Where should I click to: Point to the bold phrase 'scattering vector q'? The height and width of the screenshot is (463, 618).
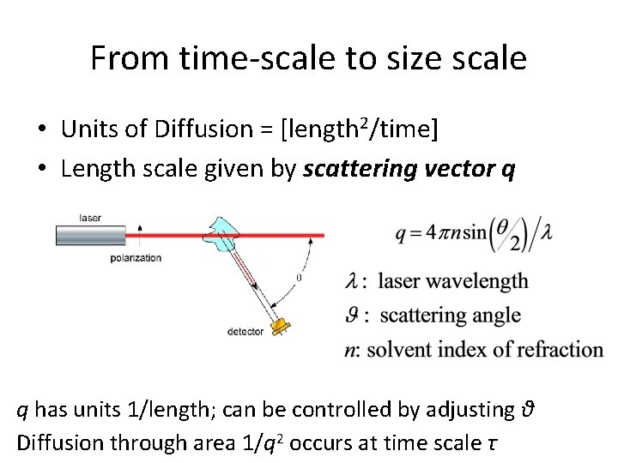click(410, 169)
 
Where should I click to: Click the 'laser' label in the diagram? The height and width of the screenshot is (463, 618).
click(88, 218)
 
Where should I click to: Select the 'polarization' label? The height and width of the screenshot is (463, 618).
click(136, 258)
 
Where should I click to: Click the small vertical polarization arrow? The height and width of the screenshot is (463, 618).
click(140, 233)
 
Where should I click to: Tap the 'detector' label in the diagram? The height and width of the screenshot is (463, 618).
click(245, 331)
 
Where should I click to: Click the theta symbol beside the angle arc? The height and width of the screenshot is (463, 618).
click(298, 278)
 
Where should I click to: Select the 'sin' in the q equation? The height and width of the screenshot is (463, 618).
click(474, 233)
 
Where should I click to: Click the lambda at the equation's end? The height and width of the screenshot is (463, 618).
click(545, 234)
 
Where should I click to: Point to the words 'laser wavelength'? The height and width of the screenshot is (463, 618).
click(452, 280)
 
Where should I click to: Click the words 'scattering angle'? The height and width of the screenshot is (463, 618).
click(449, 315)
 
